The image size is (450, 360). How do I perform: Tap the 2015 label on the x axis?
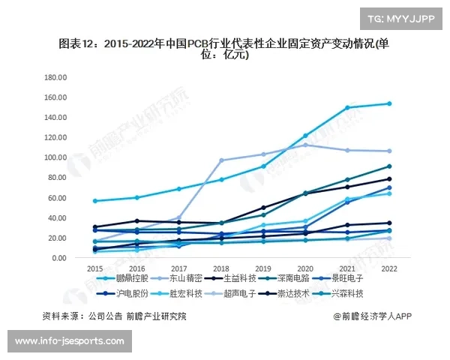click(95, 268)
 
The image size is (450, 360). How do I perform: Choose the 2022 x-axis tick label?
click(389, 268)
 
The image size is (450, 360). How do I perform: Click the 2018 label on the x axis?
click(221, 268)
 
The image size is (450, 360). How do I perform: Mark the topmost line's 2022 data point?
click(389, 103)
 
